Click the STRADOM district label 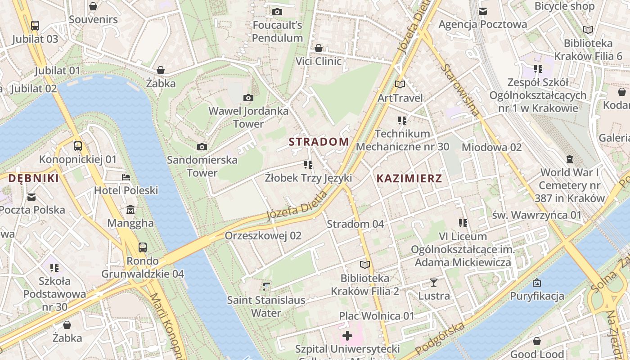coord(319,142)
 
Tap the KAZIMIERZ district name coord(409,178)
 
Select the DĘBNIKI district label coord(34,178)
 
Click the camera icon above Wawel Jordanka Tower coord(248,98)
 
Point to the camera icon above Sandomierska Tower coord(202,147)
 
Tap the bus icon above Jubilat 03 coord(35,26)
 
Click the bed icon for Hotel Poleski coord(126,177)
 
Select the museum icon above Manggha coord(130,210)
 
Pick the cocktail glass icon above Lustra coord(434,283)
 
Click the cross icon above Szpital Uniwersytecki coord(347,335)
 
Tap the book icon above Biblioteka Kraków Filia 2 coord(365,265)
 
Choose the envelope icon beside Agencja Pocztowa coord(483,11)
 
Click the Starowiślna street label coord(461,90)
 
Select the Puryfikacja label coord(537,296)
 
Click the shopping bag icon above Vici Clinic coord(319,48)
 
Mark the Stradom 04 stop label coord(355,224)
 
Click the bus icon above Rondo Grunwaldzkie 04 coord(143,247)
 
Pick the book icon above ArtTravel coord(400,84)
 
